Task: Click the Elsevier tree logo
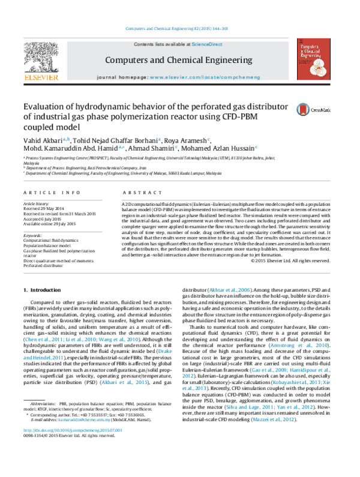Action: (x=41, y=57)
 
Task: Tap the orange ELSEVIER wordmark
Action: (x=41, y=77)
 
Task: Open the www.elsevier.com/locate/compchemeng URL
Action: (x=205, y=77)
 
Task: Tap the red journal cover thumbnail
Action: (x=313, y=59)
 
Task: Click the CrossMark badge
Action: (x=313, y=109)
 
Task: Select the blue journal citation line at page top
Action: (x=177, y=28)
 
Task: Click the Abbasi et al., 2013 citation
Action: (x=124, y=382)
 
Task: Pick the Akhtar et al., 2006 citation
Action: (x=229, y=290)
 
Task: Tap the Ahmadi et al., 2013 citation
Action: (x=273, y=419)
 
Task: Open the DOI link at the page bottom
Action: (x=73, y=430)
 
